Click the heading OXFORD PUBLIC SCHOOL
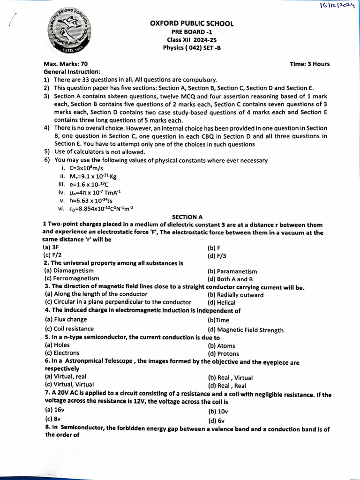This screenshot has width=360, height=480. pyautogui.click(x=192, y=23)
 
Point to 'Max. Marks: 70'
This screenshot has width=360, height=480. pyautogui.click(x=65, y=64)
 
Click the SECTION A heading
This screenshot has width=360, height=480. pyautogui.click(x=187, y=217)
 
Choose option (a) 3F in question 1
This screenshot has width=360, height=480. pyautogui.click(x=49, y=247)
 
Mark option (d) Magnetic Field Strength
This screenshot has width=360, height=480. pyautogui.click(x=245, y=330)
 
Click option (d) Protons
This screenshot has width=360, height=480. pyautogui.click(x=223, y=354)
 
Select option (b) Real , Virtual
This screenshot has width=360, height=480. pyautogui.click(x=230, y=377)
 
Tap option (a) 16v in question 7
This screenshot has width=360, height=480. pyautogui.click(x=51, y=409)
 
